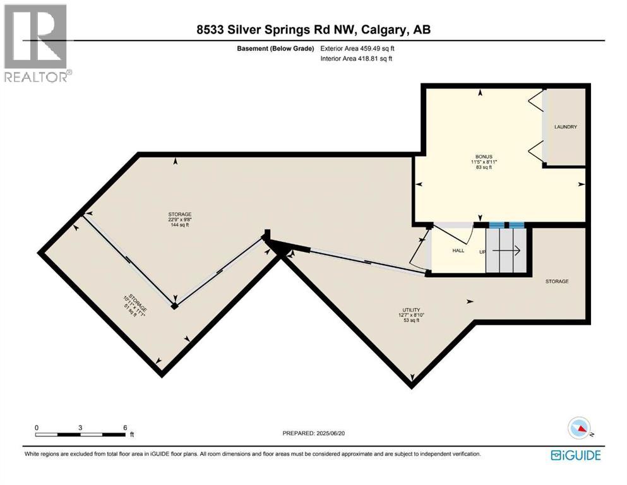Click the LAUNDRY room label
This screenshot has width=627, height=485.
565,127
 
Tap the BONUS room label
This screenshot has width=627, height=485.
484,156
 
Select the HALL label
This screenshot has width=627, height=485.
458,251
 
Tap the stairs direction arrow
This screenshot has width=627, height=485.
506,251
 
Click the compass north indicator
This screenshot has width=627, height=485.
580,429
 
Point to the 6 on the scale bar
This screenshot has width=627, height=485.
125,427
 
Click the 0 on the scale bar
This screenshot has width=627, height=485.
37,427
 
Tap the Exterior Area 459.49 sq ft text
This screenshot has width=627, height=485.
357,48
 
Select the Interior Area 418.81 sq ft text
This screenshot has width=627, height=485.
357,59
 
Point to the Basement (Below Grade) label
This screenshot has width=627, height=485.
278,48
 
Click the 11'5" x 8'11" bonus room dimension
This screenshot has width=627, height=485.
484,162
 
